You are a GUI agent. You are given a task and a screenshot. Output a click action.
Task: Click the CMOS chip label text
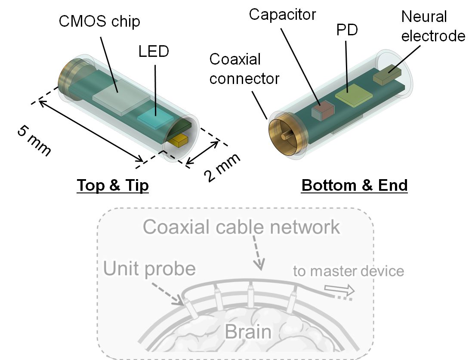[x=99, y=21]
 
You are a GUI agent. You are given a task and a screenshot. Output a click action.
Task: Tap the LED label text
[x=154, y=52]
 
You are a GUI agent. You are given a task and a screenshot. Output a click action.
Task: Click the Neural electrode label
[x=433, y=26]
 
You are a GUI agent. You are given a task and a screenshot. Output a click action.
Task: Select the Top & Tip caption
[x=113, y=185]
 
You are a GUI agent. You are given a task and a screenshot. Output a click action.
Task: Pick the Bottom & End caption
[x=355, y=185]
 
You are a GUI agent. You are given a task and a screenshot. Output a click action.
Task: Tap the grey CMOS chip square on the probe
[x=119, y=96]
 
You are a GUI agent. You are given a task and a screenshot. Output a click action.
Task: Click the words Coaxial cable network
[x=241, y=227]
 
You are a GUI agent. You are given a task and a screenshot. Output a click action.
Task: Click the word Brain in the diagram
[x=248, y=332]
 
